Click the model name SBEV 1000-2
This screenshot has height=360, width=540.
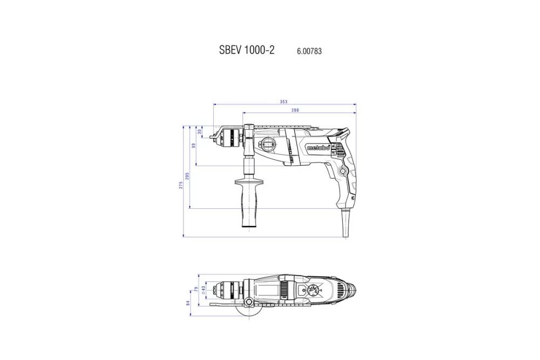pos(247,50)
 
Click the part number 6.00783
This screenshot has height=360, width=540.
pos(309,51)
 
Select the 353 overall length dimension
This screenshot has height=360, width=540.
pos(283,101)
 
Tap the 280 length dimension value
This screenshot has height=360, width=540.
pos(295,111)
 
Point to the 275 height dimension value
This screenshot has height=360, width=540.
pos(181,184)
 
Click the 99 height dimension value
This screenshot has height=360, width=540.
pos(194,146)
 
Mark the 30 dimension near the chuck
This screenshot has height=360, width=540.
pos(199,131)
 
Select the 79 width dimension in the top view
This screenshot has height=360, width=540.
pos(196,289)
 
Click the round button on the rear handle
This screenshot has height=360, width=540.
pos(342,171)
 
